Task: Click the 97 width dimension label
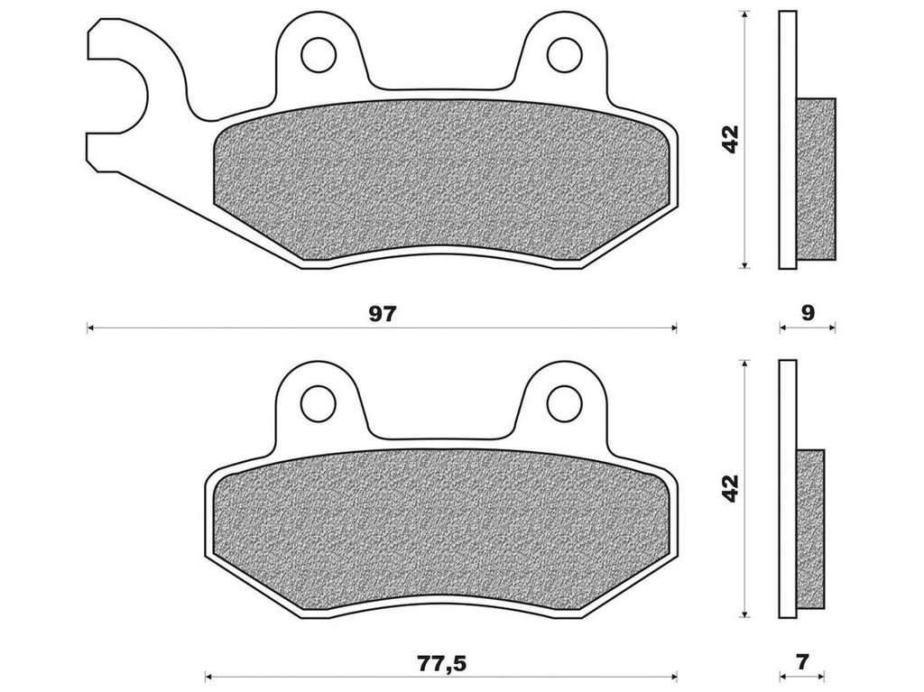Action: [383, 314]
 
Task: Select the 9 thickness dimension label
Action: [808, 313]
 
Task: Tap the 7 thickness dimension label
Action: [802, 662]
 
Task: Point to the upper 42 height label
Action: [731, 140]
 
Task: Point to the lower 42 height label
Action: [731, 489]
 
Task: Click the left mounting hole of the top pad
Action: [319, 55]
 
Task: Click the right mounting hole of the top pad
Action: [565, 55]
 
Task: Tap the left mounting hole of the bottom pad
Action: [319, 404]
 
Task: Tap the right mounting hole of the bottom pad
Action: [565, 404]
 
